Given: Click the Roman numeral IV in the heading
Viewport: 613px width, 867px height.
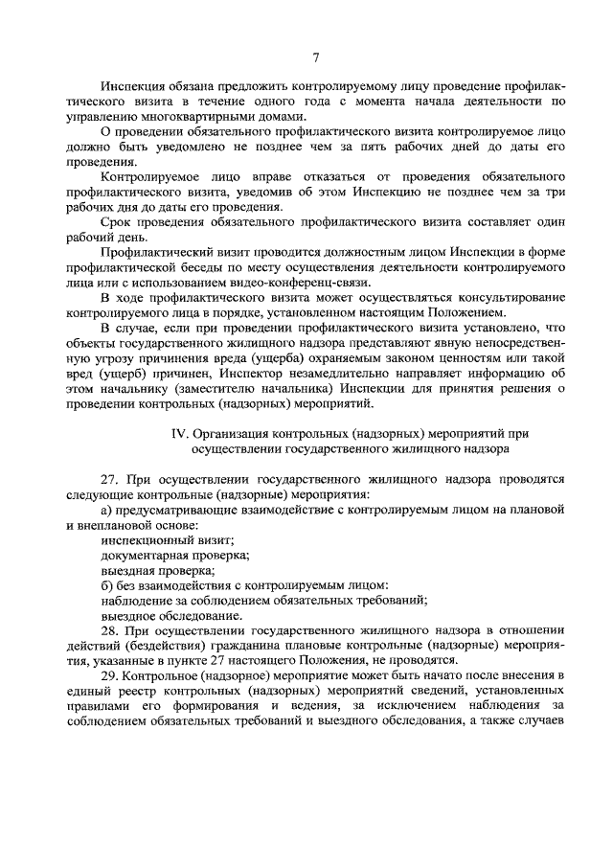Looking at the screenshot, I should pyautogui.click(x=177, y=433).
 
